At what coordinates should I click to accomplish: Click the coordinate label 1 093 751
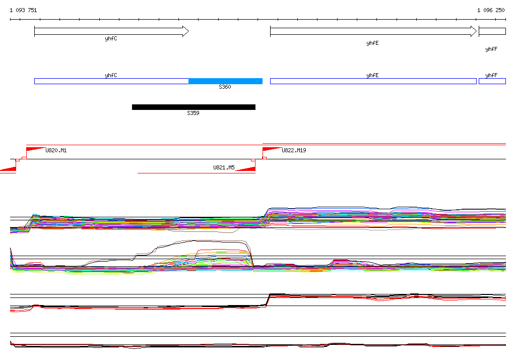click(23, 10)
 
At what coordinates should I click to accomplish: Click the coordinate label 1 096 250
click(491, 10)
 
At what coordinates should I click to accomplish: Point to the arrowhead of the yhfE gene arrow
click(474, 31)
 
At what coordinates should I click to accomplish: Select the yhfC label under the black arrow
click(111, 39)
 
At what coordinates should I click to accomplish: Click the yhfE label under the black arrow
click(372, 43)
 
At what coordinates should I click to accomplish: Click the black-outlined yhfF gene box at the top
click(492, 31)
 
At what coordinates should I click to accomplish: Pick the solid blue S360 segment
click(225, 81)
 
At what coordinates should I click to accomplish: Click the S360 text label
click(225, 87)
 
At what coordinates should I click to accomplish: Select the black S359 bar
click(193, 107)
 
